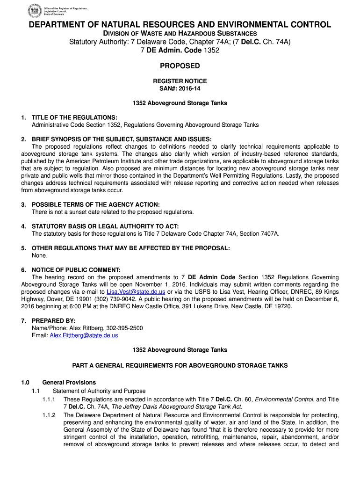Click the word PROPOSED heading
180,66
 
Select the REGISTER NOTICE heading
180,81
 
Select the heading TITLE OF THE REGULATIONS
74,117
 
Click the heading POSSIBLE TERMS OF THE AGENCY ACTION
95,204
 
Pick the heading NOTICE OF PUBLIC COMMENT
76,270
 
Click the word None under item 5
39,255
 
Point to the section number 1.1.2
49,415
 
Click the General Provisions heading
69,382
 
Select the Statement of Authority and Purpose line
99,391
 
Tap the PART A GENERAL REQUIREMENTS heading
180,365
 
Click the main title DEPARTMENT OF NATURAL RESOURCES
180,25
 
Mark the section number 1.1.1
49,399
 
